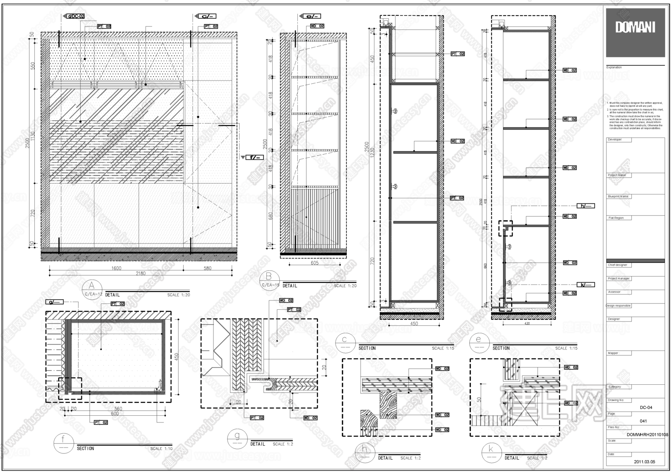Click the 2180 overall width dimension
coord(140,274)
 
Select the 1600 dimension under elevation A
coord(116,268)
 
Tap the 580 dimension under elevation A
coord(208,268)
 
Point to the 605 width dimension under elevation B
coord(315,263)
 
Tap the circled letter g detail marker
coord(237,439)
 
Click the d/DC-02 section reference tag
coord(75,16)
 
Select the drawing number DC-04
coord(646,407)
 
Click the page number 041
coord(643,421)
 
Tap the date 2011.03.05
coord(644,462)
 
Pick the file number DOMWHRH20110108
coord(648,435)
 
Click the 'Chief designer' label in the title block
coord(618,265)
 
